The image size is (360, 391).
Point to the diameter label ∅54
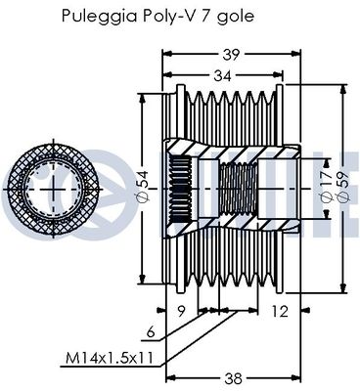[143, 186]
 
